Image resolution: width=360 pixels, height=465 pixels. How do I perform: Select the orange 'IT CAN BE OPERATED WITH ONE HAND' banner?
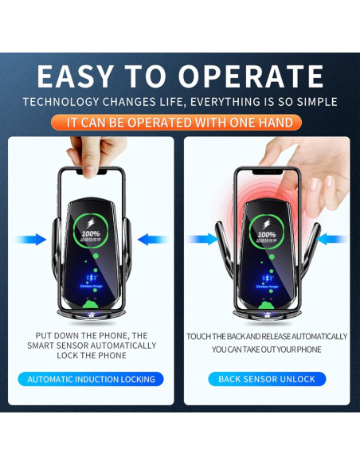[180, 123]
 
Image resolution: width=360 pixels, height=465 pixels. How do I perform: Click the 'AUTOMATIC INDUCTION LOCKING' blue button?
[91, 379]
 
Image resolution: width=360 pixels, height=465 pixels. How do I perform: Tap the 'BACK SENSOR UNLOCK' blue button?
[267, 379]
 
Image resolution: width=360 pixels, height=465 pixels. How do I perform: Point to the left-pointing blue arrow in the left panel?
[153, 239]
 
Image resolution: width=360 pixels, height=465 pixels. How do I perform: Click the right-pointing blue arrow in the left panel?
[30, 239]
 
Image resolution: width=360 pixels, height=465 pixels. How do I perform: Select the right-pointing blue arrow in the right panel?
[201, 239]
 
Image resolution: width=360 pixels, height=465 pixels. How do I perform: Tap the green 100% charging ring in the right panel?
[267, 231]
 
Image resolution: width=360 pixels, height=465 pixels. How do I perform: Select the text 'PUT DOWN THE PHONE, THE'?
[91, 336]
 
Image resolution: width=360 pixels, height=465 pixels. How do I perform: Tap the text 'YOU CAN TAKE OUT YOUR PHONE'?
[267, 350]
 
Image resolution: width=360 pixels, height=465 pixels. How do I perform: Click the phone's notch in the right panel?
[267, 172]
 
